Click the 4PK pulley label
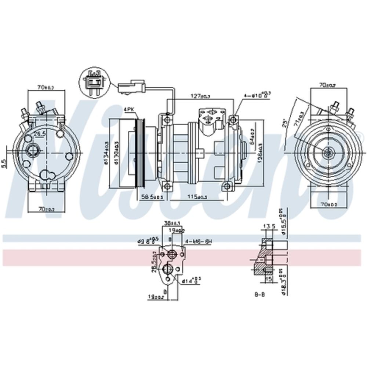[x=129, y=109]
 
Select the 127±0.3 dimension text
[x=200, y=96]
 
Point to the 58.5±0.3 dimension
[x=152, y=197]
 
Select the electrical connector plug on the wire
[x=131, y=87]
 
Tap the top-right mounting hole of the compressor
[x=232, y=119]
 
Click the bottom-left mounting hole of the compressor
[x=167, y=187]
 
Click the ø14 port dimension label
[x=190, y=281]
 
